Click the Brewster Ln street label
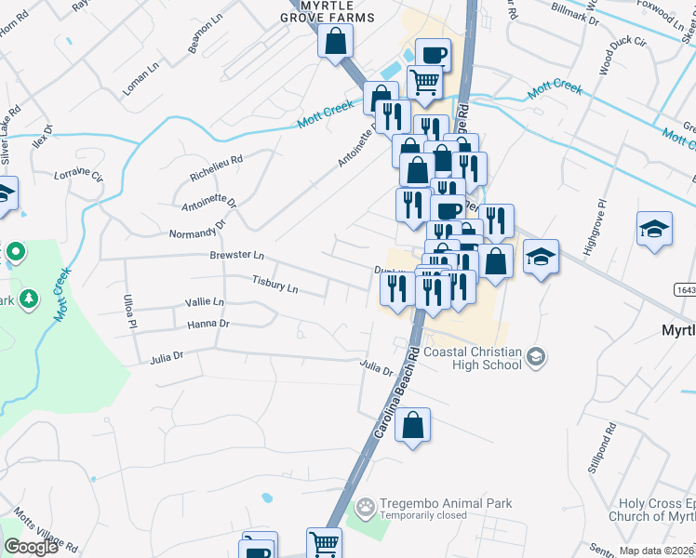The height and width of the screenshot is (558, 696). tap(237, 255)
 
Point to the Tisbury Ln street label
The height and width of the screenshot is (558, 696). tap(274, 283)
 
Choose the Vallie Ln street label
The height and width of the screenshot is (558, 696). tap(205, 302)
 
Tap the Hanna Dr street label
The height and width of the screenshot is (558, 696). tap(207, 324)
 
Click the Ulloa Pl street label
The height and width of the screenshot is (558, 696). tap(129, 312)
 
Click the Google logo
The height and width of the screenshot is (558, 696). tap(31, 547)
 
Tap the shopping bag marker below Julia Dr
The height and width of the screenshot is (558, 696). tap(412, 425)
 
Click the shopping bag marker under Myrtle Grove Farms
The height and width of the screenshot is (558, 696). tap(335, 41)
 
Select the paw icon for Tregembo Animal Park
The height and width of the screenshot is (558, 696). tap(367, 505)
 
